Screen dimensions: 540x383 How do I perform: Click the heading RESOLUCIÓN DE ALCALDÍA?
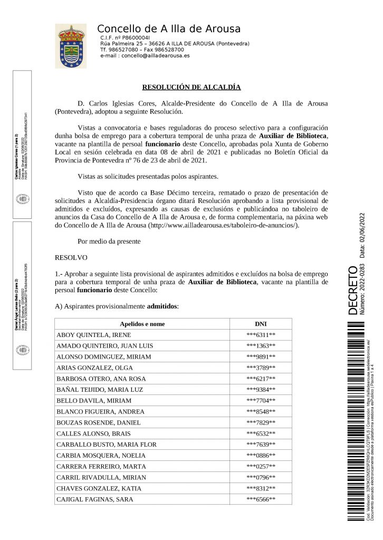pyautogui.click(x=191, y=87)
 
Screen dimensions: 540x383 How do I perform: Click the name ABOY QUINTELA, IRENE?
pyautogui.click(x=93, y=335)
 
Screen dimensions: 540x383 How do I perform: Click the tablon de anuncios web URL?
pyautogui.click(x=224, y=225)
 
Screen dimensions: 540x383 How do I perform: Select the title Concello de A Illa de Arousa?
pyautogui.click(x=169, y=29)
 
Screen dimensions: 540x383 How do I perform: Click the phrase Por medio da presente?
pyautogui.click(x=109, y=242)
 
